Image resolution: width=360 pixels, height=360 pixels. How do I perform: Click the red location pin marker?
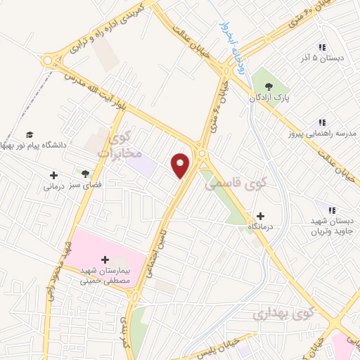[181, 165]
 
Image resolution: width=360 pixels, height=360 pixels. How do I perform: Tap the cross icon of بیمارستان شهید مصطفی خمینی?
[106, 259]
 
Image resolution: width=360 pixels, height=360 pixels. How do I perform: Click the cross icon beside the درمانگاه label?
[261, 215]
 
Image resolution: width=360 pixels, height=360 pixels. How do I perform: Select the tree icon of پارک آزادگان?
[271, 87]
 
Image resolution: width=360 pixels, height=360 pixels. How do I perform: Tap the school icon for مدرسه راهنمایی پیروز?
[322, 122]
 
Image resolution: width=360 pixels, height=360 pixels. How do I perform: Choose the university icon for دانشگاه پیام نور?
[30, 134]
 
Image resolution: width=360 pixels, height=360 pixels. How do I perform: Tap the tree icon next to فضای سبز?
[85, 173]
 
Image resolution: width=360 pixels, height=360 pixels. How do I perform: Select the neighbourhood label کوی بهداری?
[282, 313]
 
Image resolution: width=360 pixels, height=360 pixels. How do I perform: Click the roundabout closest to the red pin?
[202, 153]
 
